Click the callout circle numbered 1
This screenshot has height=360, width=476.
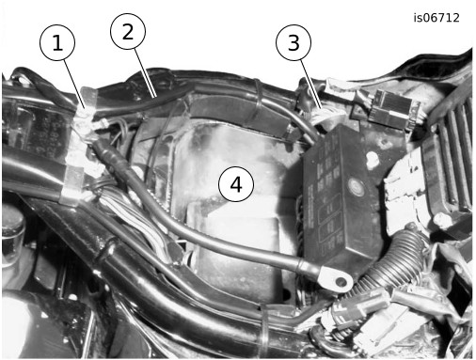pos(57,42)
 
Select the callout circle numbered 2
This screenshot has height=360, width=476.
pos(128,31)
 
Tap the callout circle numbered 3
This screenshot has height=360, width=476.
pos(294,42)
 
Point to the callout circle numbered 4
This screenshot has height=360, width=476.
pos(236,184)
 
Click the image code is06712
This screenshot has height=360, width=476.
pos(436,18)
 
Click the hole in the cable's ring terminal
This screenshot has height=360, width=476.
pos(341,282)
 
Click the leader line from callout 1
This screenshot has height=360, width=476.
pos(74,83)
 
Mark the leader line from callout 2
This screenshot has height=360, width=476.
pos(145,72)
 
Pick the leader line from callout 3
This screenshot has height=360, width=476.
pos(311,84)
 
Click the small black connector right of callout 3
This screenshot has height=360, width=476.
pos(393,108)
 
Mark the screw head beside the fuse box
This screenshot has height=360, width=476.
pos(372,159)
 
